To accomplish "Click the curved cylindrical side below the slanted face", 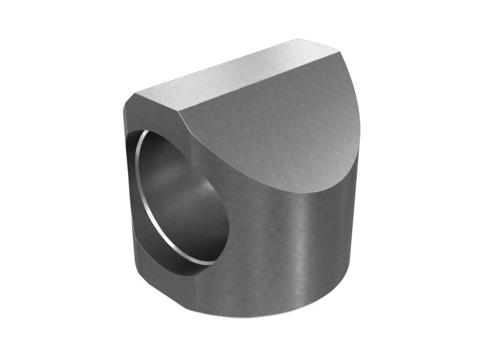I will [288, 252].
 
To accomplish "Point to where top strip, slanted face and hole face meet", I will [181, 111].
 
